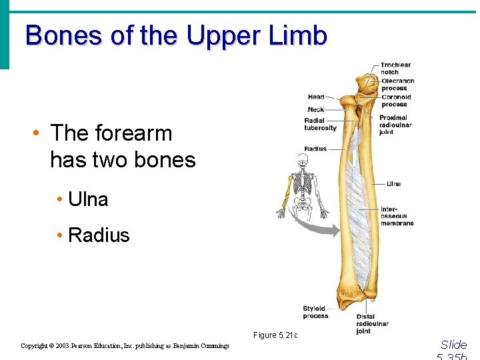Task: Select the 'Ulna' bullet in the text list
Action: [88, 199]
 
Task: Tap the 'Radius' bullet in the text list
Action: [99, 235]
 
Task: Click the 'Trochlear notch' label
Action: [395, 69]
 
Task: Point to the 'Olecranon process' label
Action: [397, 85]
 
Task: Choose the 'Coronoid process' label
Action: [396, 101]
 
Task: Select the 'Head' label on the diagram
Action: [316, 97]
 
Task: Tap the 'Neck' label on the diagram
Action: [315, 109]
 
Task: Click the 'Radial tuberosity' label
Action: [320, 125]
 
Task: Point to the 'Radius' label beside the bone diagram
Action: [315, 149]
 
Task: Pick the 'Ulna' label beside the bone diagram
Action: [393, 184]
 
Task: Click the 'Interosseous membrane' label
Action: [397, 216]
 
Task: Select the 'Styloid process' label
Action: [315, 312]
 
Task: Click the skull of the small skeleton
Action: [303, 160]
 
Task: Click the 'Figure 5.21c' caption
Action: [275, 335]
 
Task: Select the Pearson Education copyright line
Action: [125, 346]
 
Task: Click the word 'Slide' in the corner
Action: [453, 345]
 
